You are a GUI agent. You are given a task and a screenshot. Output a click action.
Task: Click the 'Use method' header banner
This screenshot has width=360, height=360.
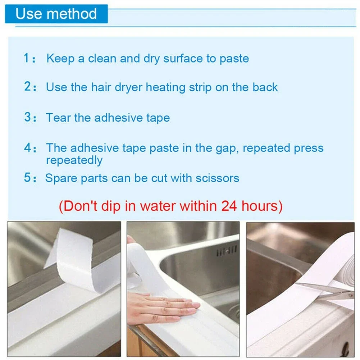56,14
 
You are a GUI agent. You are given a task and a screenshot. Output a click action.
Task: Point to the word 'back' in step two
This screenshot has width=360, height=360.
265,87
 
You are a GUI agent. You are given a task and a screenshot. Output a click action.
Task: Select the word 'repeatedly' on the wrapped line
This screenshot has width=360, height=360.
74,160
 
